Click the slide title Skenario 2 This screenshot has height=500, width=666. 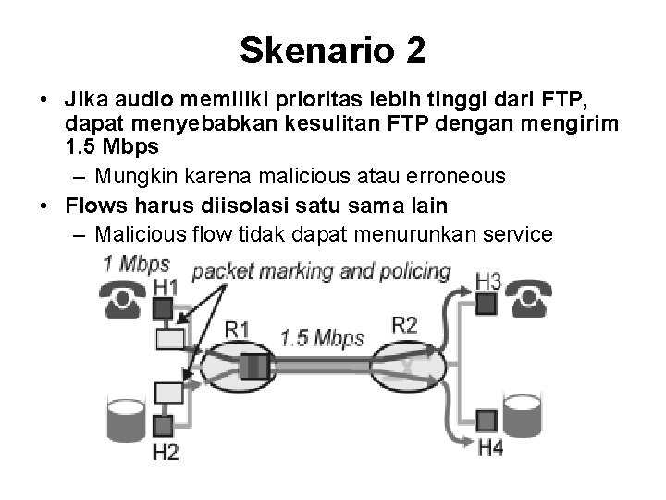pos(333,51)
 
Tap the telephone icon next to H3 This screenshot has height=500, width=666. pos(532,298)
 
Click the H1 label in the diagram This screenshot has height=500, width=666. pos(165,287)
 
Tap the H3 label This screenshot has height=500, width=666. pos(488,281)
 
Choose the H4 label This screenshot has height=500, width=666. pos(490,449)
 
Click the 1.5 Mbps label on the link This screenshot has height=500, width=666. pos(323,339)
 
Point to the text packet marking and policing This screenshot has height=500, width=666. pos(321,272)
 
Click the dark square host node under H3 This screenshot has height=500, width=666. pos(487,303)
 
